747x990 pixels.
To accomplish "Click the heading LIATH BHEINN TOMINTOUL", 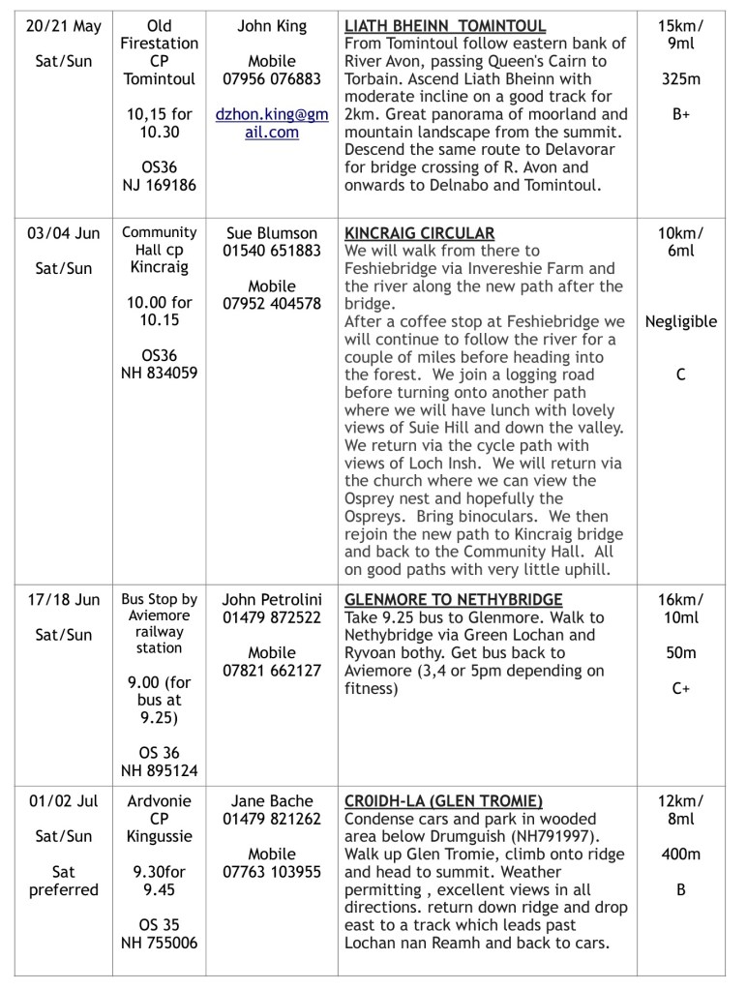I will coord(445,26).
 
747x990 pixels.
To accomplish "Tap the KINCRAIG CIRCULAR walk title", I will coord(419,233).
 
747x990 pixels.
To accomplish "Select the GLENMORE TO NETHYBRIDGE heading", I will coord(453,599).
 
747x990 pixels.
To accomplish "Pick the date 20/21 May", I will coord(64,26).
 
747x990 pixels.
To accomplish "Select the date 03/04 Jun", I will coord(64,233).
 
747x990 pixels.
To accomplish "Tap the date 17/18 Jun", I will coord(64,599).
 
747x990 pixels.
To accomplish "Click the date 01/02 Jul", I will coord(64,800).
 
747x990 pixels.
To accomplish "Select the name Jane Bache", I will coord(272,800).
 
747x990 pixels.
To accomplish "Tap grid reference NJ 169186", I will coord(160,185).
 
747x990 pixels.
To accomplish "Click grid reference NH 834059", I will coord(160,374).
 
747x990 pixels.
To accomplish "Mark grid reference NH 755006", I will coord(160,943).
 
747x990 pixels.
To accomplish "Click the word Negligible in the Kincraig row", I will coord(681,321).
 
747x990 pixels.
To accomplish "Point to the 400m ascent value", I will coord(681,854).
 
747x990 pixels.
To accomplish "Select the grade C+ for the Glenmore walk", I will coord(681,688).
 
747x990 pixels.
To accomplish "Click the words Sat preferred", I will coord(64,880).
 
